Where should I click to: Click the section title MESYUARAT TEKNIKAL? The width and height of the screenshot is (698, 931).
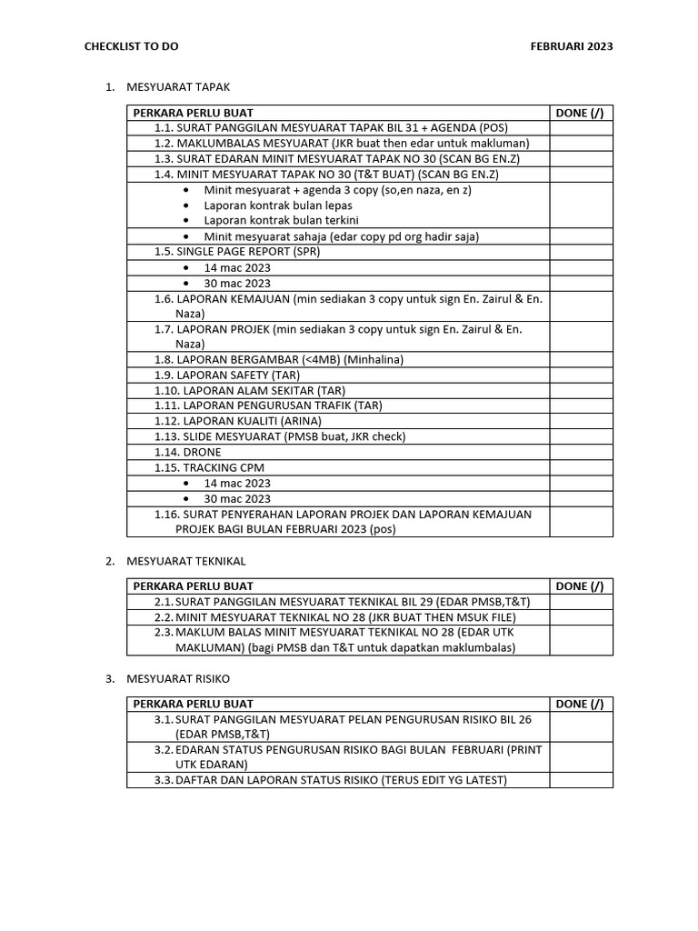189,561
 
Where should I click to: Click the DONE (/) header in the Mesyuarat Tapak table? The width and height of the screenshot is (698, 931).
579,113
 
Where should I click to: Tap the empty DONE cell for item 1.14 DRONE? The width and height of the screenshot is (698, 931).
580,452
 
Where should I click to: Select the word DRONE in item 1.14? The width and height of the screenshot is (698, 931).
202,452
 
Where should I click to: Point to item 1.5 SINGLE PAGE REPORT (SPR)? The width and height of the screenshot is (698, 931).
237,252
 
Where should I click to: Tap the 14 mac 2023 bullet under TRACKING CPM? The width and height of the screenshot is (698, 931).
237,483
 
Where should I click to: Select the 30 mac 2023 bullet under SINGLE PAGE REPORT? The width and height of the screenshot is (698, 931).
237,283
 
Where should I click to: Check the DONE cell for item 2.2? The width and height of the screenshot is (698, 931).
580,617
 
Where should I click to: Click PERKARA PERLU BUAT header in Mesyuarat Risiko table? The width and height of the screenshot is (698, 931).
193,704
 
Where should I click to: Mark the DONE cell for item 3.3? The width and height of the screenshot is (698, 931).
580,780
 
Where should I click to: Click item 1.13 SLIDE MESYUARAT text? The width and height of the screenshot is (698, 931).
279,436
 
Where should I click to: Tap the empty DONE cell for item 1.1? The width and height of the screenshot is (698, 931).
580,128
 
